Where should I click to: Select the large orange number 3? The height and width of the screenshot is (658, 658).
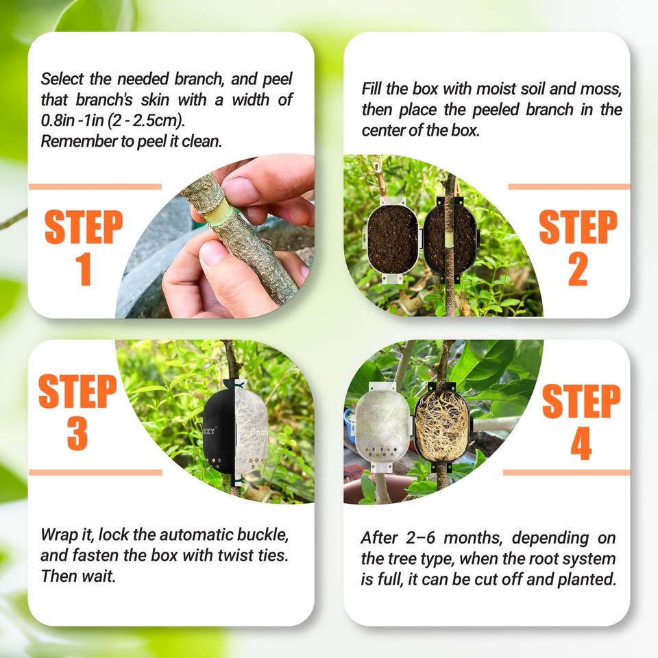pyautogui.click(x=77, y=433)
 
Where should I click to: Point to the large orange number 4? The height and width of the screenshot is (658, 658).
pyautogui.click(x=581, y=443)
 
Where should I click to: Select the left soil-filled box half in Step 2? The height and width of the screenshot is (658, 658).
pyautogui.click(x=393, y=237)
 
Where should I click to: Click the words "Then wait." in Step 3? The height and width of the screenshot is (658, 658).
pyautogui.click(x=77, y=576)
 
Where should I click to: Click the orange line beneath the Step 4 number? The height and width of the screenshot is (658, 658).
pyautogui.click(x=566, y=472)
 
